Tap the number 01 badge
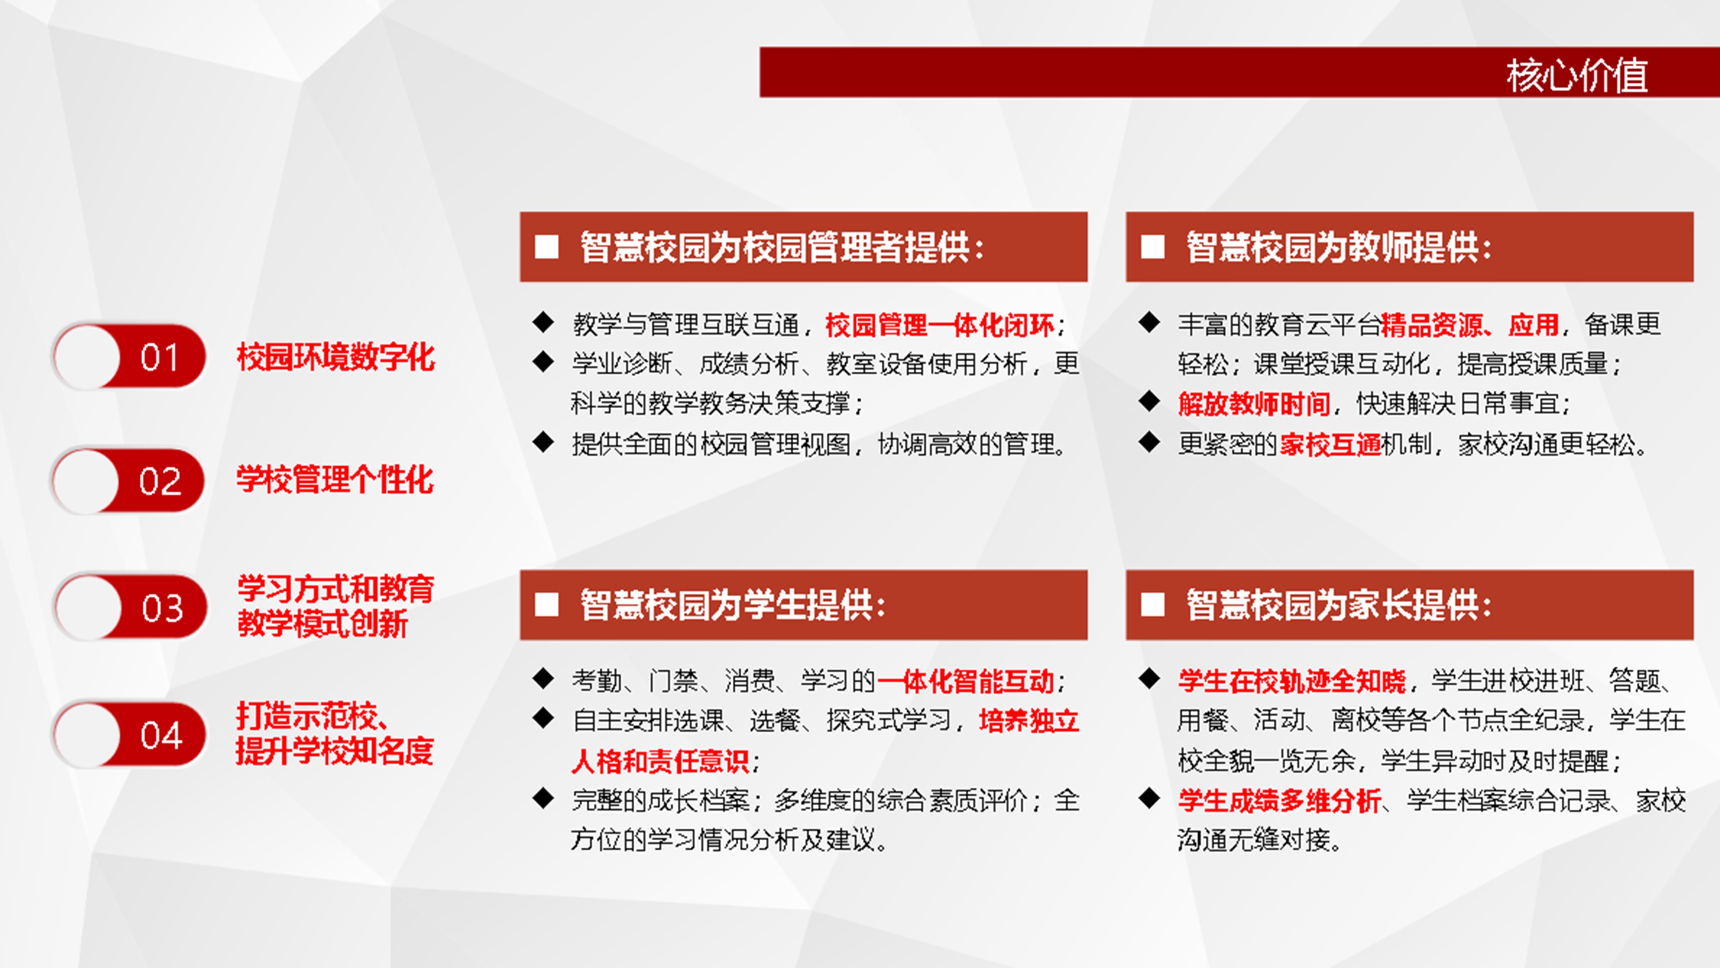coord(129,357)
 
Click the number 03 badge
coord(130,607)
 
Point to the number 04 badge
coord(129,734)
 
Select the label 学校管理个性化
coord(335,480)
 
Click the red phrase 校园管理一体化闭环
coord(940,325)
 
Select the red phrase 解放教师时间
coord(1254,404)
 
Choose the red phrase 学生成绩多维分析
coord(1279,800)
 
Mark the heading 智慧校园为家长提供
coord(1339,605)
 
